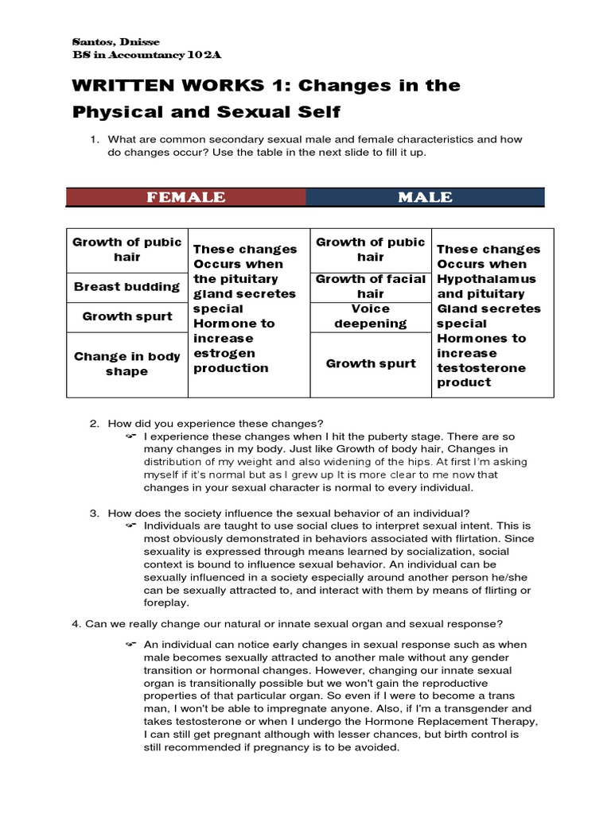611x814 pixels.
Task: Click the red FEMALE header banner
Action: tap(185, 197)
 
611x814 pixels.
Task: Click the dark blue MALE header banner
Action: tap(425, 197)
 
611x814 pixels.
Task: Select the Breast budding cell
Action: tap(126, 287)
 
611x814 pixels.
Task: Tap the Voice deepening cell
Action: tap(371, 316)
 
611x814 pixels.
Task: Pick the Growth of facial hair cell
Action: tap(371, 286)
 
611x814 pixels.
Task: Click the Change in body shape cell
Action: tap(126, 364)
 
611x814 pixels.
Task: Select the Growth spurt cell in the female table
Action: tap(126, 316)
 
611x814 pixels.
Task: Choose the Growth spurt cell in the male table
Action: tap(371, 364)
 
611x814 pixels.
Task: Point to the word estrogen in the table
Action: tap(224, 353)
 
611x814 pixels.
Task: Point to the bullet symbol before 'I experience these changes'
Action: tap(131, 437)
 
